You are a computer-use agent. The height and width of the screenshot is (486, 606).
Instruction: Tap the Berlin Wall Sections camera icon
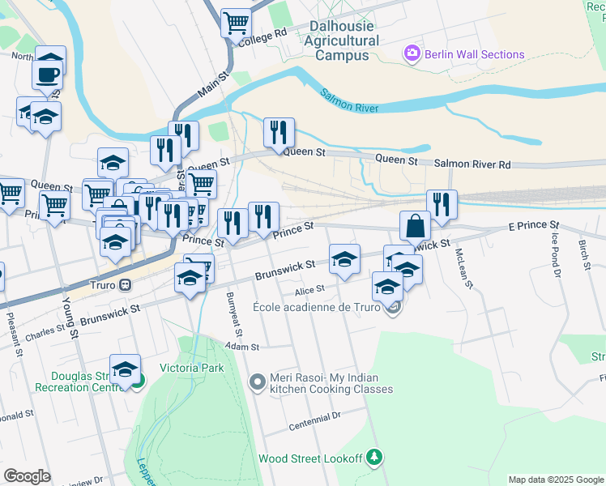(x=412, y=54)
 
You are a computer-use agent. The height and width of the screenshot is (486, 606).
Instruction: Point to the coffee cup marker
(x=46, y=75)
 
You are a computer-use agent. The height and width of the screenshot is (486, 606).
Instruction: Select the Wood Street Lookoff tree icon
(x=373, y=458)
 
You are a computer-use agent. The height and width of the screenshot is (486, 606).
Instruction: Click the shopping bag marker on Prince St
(x=415, y=225)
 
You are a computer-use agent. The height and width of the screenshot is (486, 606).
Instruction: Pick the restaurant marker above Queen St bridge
(x=279, y=132)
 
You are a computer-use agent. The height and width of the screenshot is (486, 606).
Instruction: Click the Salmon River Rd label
(x=472, y=164)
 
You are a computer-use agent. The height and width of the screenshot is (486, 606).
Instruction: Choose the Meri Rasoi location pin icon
(x=257, y=381)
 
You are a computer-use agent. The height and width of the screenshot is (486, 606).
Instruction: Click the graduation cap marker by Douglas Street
(x=125, y=369)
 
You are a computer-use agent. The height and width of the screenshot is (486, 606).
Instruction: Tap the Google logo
(x=27, y=475)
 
